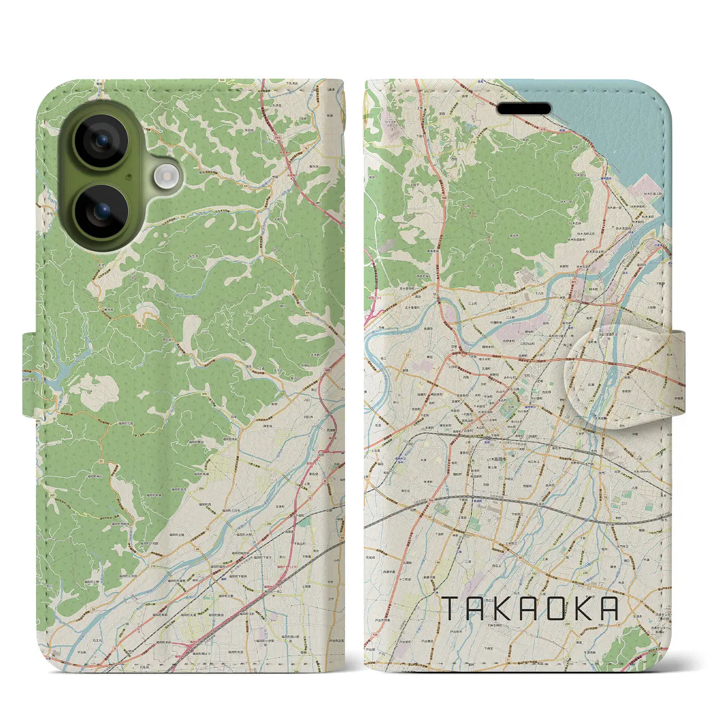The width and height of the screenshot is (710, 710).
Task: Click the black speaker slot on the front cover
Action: point(523,109)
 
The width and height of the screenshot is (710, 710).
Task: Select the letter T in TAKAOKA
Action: point(450,609)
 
